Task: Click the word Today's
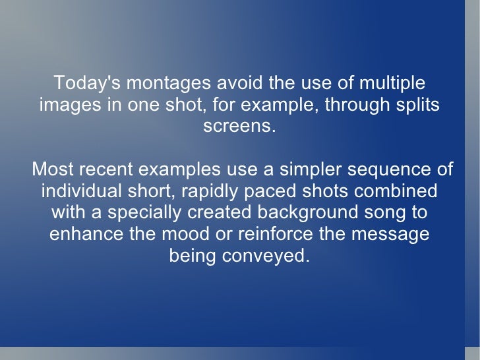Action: (x=86, y=84)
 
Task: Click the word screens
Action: (x=239, y=127)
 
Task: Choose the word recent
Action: (x=103, y=169)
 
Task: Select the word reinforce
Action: (x=280, y=234)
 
